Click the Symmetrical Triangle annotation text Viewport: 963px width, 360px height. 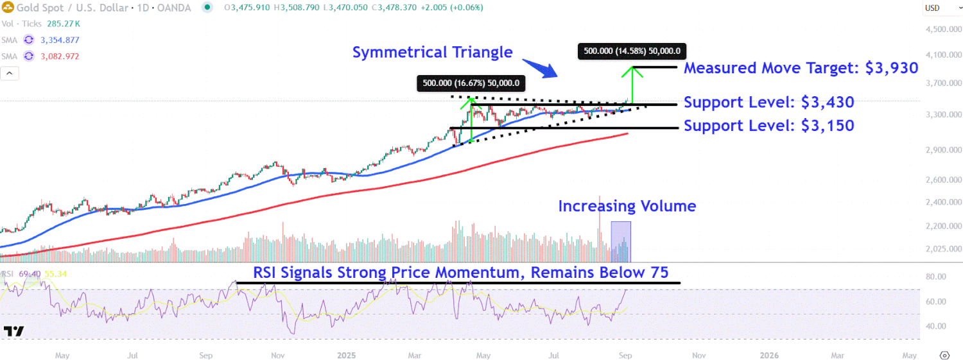(x=432, y=53)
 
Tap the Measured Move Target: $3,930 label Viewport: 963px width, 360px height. (x=801, y=68)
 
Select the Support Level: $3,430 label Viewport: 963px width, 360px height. (x=768, y=102)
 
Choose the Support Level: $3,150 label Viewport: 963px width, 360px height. (x=768, y=125)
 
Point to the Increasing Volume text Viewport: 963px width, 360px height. (x=627, y=206)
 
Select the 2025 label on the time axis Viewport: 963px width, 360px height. (x=347, y=355)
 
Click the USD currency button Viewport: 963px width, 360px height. (x=935, y=8)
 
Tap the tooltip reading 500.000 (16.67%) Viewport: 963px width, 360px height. (x=471, y=83)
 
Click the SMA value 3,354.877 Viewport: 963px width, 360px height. (x=60, y=40)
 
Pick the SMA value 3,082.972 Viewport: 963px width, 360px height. (x=60, y=56)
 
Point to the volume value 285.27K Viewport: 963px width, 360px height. (x=64, y=24)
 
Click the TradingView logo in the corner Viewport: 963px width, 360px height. (x=13, y=331)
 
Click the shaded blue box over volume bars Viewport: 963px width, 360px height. (x=621, y=241)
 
